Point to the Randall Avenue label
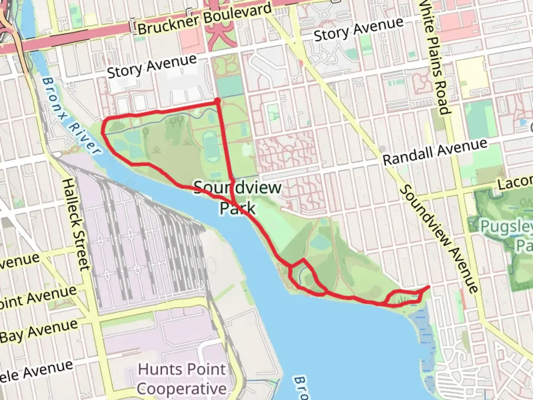[x=435, y=152]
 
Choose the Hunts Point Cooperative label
[x=181, y=379]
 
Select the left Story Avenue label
[x=152, y=66]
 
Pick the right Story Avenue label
[x=359, y=29]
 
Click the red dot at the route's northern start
[x=218, y=100]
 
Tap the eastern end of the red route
[x=429, y=287]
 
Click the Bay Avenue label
[x=38, y=331]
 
